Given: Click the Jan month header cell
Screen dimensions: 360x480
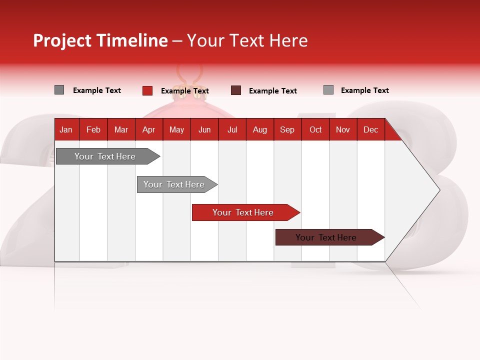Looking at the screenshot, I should click(x=66, y=129).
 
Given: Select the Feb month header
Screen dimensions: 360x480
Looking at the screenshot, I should click(x=93, y=129).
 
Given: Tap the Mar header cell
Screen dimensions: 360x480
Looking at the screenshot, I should click(x=121, y=129).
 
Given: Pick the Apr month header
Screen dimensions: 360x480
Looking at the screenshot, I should click(x=149, y=129).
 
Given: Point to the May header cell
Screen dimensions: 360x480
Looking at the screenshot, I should click(x=176, y=129).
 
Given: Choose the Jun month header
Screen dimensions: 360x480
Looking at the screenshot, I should click(x=204, y=129).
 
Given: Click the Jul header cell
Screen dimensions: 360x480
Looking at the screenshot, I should click(x=232, y=129).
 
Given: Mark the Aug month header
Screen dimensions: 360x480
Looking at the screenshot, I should click(x=260, y=129).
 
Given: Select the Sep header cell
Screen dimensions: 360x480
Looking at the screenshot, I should click(x=287, y=129).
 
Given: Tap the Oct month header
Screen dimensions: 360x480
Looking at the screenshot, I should click(x=315, y=129).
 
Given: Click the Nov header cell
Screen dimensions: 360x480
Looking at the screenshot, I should click(x=343, y=129).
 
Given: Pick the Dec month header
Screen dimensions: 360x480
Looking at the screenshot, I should click(x=371, y=129).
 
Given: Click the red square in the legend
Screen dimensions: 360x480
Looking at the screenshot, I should click(x=147, y=90).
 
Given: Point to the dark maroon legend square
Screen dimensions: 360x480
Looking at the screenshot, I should click(x=236, y=90).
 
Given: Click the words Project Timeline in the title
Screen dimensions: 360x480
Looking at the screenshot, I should click(x=100, y=40).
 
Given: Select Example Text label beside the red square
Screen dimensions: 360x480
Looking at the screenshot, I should click(x=185, y=91).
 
